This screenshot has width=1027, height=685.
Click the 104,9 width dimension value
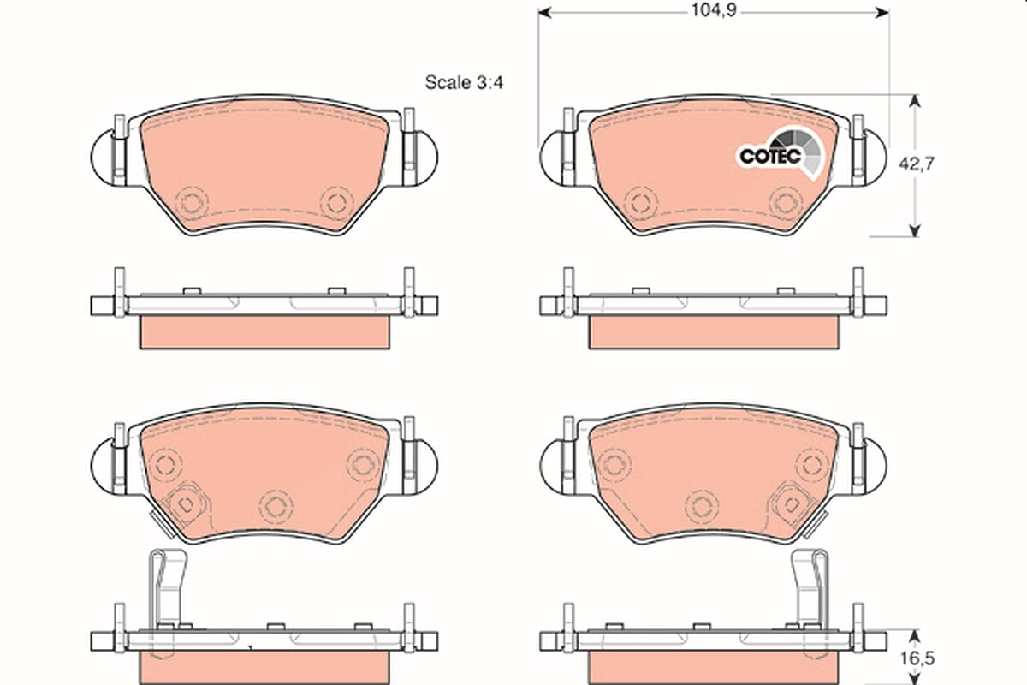coord(714,10)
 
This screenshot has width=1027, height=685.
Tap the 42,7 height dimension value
coord(917,164)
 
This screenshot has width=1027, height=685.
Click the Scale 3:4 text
coord(464,82)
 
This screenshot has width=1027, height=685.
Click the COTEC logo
coord(781,155)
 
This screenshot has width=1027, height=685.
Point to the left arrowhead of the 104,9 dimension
coord(544,13)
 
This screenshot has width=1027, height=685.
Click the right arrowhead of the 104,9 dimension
coord(883,13)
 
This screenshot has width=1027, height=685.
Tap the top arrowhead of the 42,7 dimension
coord(915,101)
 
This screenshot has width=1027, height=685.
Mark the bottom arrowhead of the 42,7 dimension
coord(915,230)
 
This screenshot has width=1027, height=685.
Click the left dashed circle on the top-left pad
coord(192,203)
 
